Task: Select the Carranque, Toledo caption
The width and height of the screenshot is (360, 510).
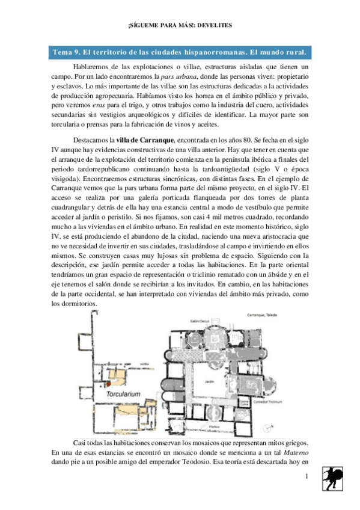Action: coord(264,315)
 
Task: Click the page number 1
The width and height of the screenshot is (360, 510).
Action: coord(306,477)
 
